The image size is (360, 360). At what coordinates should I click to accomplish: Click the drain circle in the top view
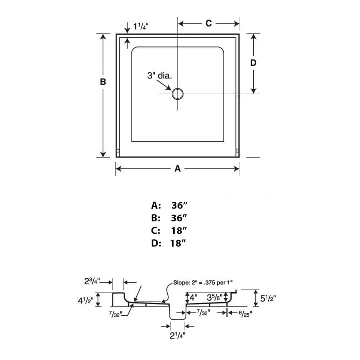[x=177, y=94]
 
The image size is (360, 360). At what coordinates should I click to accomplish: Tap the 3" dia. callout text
[x=159, y=76]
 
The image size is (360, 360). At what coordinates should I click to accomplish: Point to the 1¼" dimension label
[x=141, y=26]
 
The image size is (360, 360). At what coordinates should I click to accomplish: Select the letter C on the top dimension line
[x=208, y=23]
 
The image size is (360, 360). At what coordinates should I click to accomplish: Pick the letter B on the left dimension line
[x=103, y=82]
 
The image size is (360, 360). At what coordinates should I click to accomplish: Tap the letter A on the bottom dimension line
[x=177, y=168]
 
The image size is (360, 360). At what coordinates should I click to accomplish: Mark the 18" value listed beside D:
[x=178, y=243]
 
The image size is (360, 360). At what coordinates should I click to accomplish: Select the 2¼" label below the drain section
[x=177, y=336]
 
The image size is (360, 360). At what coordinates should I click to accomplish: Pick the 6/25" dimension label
[x=245, y=313]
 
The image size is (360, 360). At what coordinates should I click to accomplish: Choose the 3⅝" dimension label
[x=214, y=298]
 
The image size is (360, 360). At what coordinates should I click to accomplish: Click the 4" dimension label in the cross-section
[x=194, y=298]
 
